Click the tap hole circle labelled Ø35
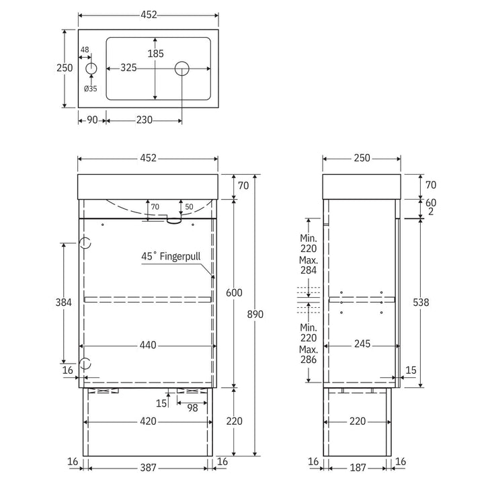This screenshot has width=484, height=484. point(91,69)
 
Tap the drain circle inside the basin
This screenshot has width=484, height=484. point(182,69)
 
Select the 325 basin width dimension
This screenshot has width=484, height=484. point(128,68)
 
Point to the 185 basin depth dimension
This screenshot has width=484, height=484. point(155,53)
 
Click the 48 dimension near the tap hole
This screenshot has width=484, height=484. point(85,50)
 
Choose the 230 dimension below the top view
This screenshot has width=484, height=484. point(144,120)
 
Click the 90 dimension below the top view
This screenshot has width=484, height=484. point(92,120)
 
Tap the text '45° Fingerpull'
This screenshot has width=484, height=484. point(171,256)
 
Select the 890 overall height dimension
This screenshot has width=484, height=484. point(255,314)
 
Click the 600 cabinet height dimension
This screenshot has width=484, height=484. point(234,292)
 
